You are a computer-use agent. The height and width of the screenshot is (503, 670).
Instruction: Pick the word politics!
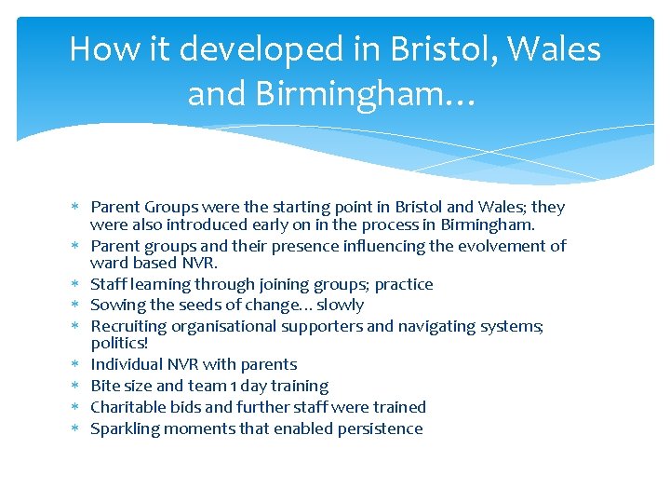[119, 343]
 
